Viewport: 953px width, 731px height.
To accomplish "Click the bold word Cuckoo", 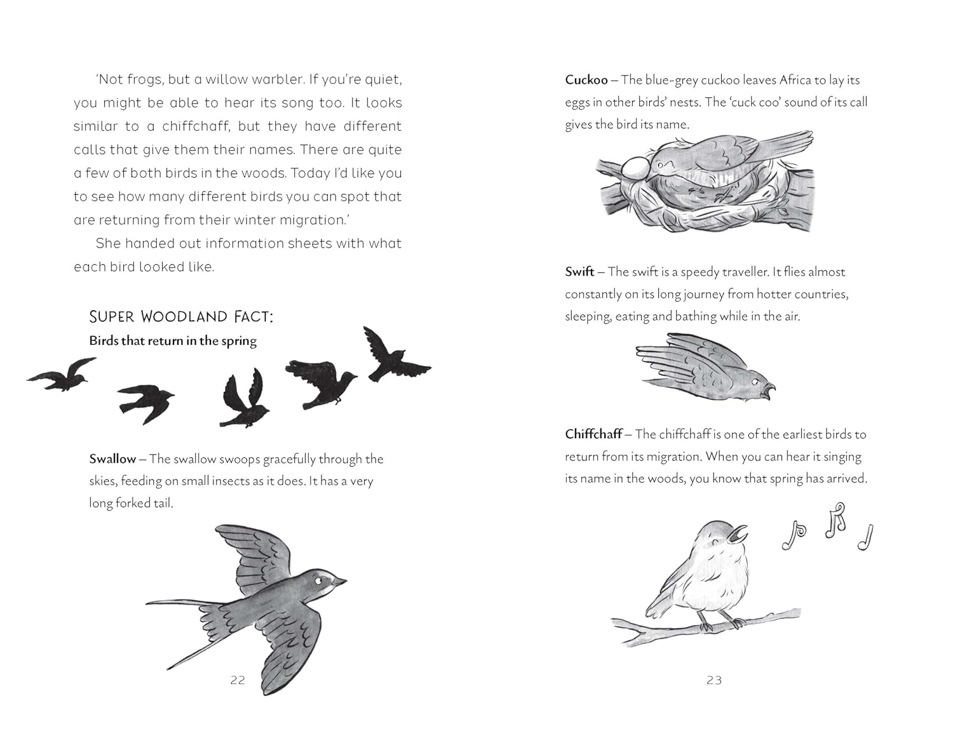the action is coord(586,80).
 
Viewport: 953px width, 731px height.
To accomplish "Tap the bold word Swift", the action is coord(579,272).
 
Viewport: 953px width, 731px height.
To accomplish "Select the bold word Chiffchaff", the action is coord(593,434).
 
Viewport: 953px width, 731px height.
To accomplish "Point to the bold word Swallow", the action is coord(112,459).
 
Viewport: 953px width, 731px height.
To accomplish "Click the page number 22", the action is coord(238,680).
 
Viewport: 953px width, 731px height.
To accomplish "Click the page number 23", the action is coord(714,680).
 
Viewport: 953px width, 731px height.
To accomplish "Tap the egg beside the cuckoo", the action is coord(636,168).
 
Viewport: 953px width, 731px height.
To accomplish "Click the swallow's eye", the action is coord(318,580).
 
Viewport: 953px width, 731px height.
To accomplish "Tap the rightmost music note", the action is coord(866,537).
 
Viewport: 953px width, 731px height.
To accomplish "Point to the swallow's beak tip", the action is coord(346,581).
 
